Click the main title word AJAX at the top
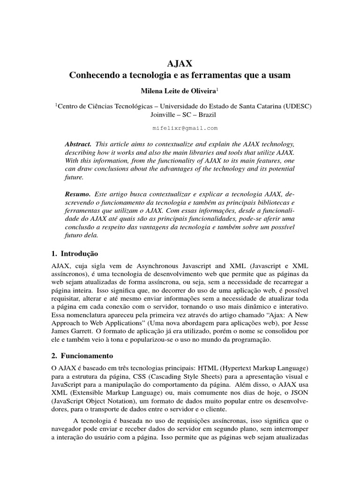pos(180,63)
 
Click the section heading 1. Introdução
pos(75,254)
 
